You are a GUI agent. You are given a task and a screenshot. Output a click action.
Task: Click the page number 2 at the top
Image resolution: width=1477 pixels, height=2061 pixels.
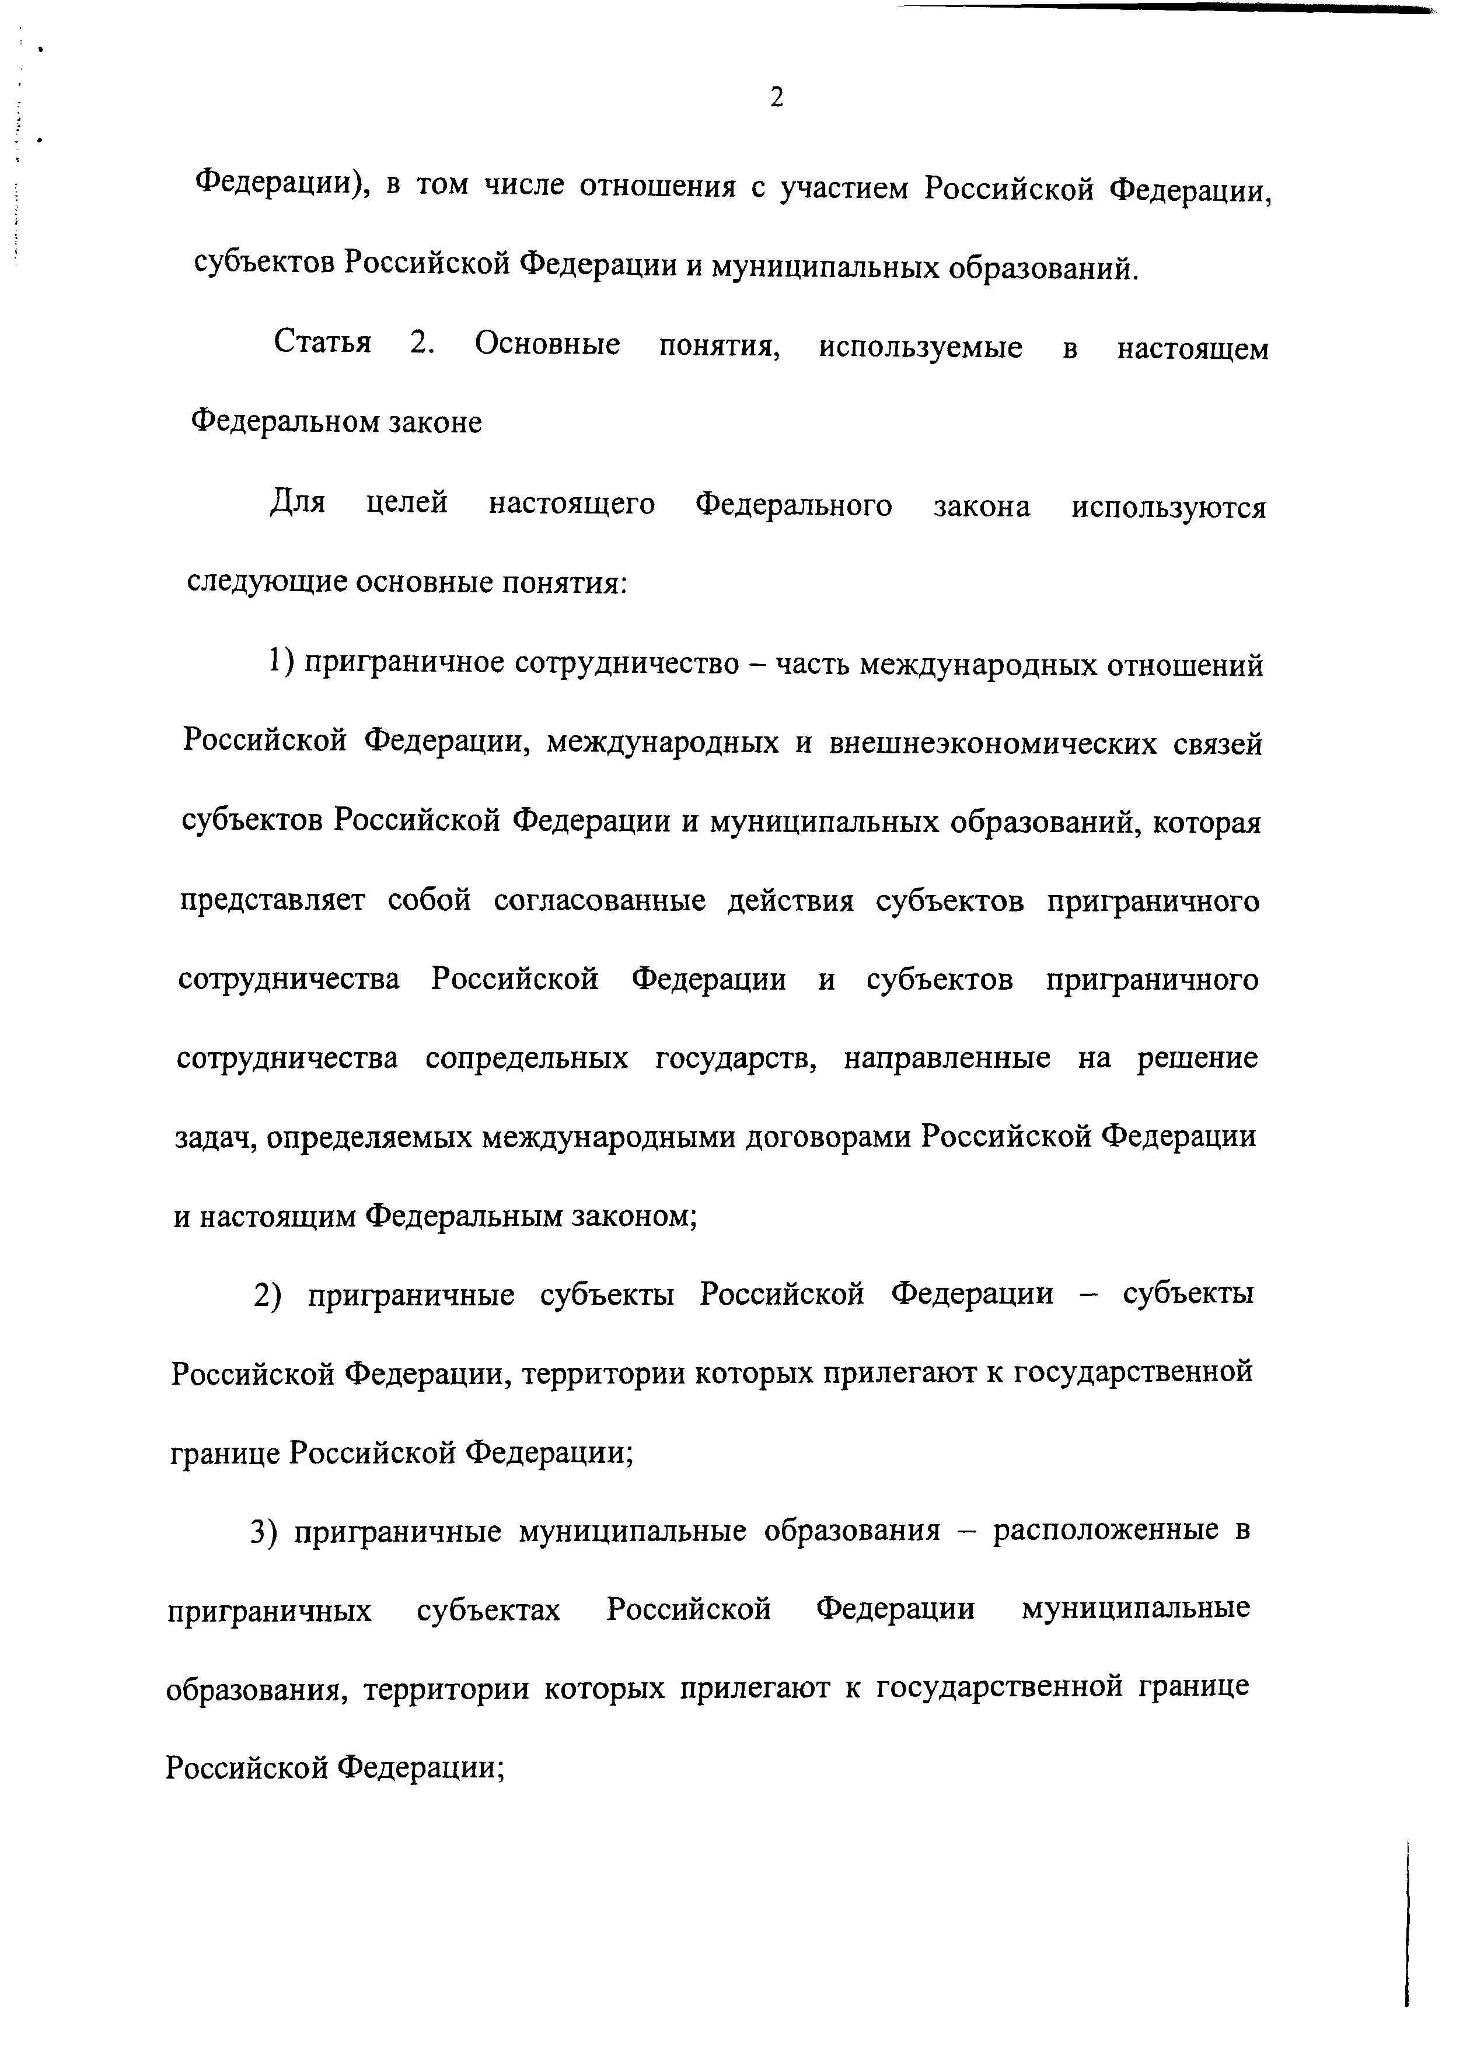click(776, 96)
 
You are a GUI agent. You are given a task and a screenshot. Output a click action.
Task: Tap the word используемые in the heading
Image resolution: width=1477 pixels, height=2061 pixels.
click(920, 348)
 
